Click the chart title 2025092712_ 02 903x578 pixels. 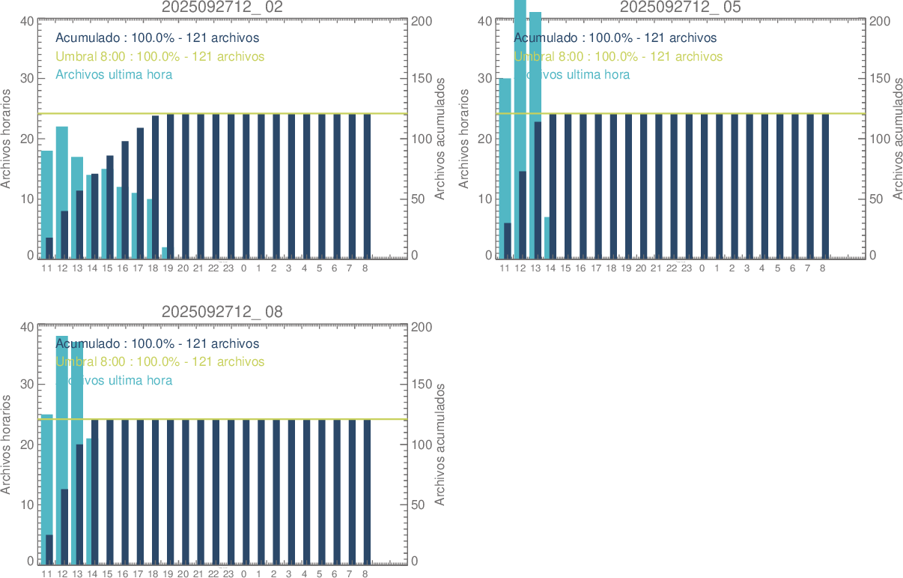(222, 7)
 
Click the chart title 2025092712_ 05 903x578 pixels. (681, 7)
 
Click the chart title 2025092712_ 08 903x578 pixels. (222, 312)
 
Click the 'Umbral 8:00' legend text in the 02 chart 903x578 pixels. (160, 56)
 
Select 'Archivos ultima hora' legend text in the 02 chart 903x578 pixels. (114, 74)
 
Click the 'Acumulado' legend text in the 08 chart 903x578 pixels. (157, 343)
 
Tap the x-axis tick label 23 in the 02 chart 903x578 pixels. (228, 268)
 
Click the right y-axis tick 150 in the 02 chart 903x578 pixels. (422, 78)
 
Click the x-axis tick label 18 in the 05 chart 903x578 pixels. (612, 268)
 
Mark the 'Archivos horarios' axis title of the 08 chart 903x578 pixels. (7, 445)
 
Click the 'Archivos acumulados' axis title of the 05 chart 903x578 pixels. (896, 139)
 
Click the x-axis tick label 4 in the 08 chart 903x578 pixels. (304, 574)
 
